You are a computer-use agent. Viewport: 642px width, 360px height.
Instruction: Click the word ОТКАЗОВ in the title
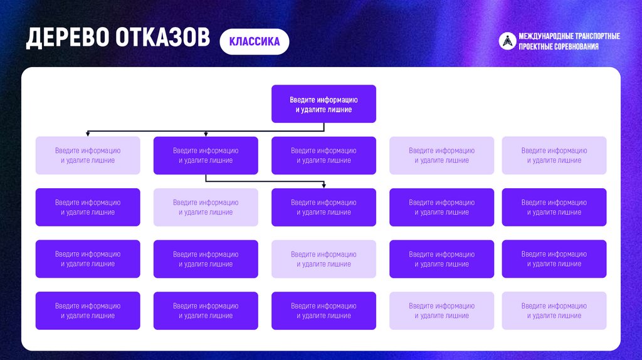[162, 38]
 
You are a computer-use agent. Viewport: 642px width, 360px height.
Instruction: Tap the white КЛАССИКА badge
[254, 42]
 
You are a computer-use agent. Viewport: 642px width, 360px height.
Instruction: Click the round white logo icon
[507, 41]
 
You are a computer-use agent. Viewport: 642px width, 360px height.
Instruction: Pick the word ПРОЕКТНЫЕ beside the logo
[535, 47]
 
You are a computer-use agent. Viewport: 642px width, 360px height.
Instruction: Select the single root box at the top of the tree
[324, 104]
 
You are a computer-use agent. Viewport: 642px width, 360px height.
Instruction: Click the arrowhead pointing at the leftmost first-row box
[88, 134]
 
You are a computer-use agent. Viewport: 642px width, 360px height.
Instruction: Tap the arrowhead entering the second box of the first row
[206, 134]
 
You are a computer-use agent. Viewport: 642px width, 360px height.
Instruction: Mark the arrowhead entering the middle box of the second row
[324, 186]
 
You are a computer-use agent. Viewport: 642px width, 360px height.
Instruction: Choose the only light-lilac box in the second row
[206, 208]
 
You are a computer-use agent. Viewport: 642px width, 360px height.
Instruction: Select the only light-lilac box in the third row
[324, 259]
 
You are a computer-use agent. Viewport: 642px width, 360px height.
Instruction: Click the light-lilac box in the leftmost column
[88, 156]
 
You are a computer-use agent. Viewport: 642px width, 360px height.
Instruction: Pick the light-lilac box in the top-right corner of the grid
[554, 156]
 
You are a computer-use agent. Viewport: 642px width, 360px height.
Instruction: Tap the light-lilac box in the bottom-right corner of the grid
[554, 311]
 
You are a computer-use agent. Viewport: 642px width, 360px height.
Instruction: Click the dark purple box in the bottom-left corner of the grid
[88, 311]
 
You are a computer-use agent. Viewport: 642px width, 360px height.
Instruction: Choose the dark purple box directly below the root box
[324, 156]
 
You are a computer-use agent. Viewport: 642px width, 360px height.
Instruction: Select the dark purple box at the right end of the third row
[554, 259]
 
